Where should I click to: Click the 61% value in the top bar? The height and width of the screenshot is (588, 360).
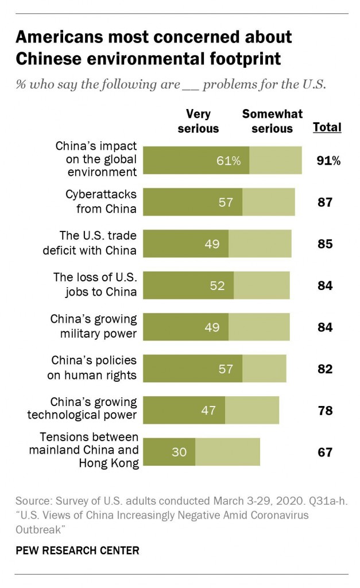tap(229, 161)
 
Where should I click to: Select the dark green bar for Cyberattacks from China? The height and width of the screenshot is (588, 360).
tap(192, 202)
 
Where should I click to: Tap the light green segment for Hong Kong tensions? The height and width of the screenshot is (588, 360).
tap(227, 452)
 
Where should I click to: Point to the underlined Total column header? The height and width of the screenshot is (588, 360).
tap(327, 127)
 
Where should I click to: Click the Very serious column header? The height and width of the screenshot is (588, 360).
tap(198, 121)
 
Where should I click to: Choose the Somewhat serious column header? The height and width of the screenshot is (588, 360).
tap(272, 121)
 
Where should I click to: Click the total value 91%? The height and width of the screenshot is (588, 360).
tap(328, 161)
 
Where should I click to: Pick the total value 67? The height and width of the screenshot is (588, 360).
tap(325, 452)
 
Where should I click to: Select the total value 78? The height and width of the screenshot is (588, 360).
tap(325, 411)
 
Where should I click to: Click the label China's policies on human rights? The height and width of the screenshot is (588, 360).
tap(94, 368)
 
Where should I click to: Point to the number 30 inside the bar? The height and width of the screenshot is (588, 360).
tap(179, 452)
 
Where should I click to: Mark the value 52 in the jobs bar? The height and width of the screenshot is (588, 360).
tap(217, 285)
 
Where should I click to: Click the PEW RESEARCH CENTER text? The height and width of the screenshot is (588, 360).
tap(77, 550)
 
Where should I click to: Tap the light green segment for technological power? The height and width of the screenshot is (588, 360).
tap(251, 411)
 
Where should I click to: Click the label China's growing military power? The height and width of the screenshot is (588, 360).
tap(94, 326)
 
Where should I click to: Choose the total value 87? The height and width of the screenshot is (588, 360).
tap(325, 202)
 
